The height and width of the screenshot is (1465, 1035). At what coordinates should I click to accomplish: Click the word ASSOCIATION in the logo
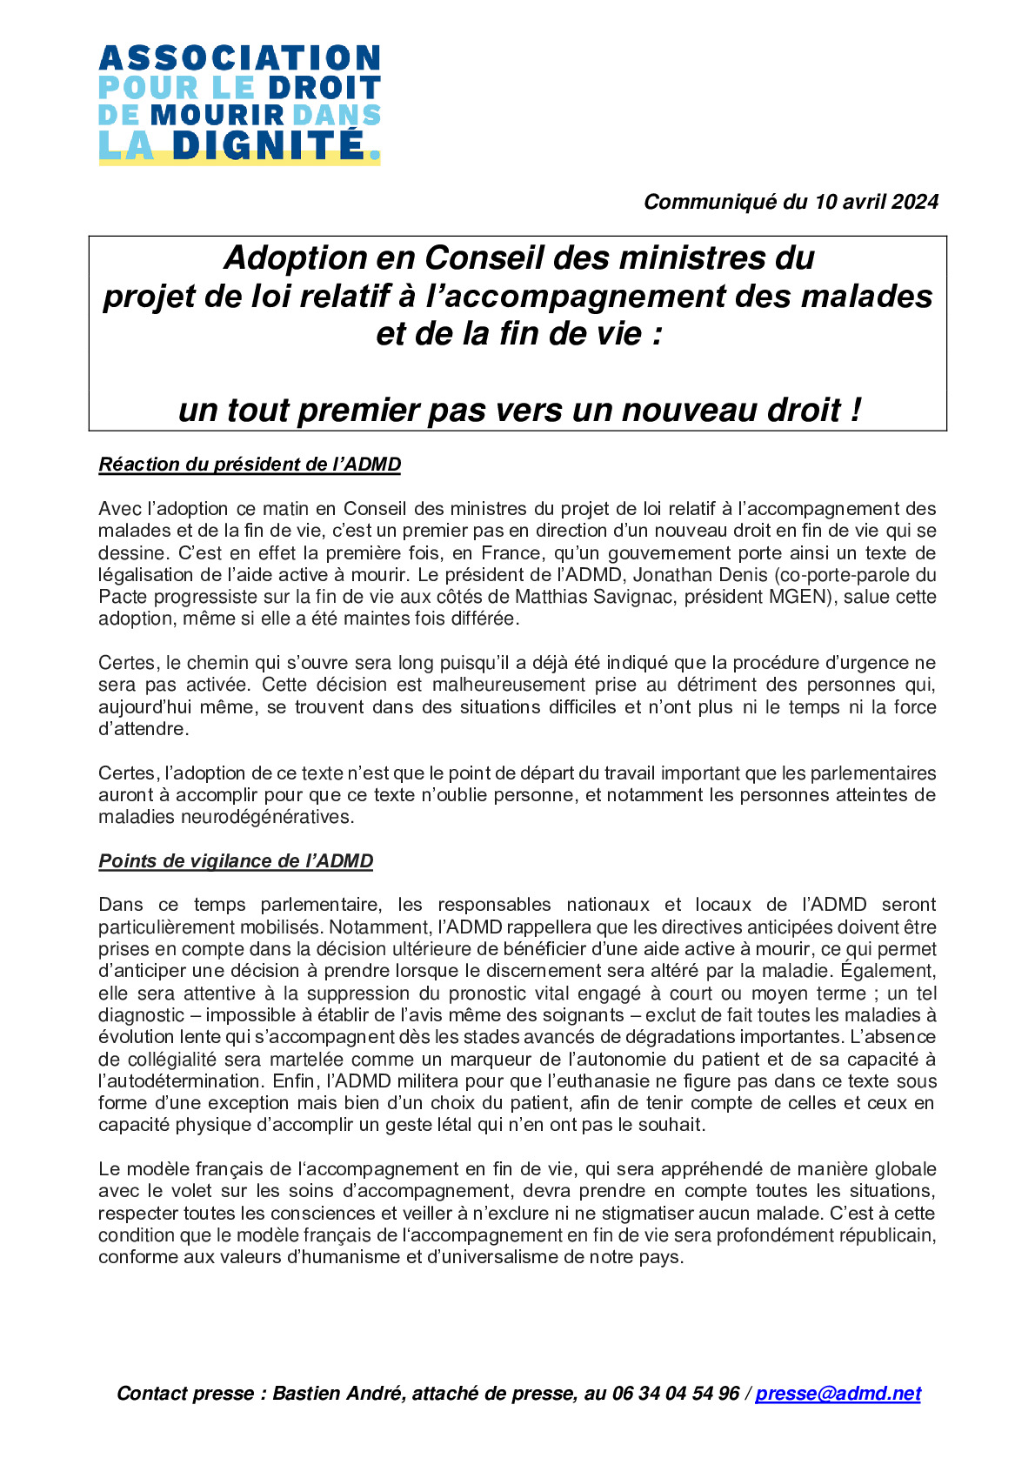239,58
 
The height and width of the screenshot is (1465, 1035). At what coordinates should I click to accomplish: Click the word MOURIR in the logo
217,115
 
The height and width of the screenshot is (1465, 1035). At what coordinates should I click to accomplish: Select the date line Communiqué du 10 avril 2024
791,202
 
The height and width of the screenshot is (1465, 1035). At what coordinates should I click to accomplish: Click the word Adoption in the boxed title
296,258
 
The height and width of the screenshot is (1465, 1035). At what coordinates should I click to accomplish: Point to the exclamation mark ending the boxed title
856,410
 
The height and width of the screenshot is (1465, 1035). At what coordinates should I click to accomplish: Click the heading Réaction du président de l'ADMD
250,465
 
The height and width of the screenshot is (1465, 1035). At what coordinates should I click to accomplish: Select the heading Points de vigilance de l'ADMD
236,861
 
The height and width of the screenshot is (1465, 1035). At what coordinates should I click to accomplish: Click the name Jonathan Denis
700,575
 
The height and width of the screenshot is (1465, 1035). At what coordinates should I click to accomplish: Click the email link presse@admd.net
838,1394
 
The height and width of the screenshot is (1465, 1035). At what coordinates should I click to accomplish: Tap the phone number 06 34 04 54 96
676,1394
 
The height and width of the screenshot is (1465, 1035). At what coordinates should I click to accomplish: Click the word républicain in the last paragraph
887,1235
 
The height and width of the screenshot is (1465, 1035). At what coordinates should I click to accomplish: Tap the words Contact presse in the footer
185,1394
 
